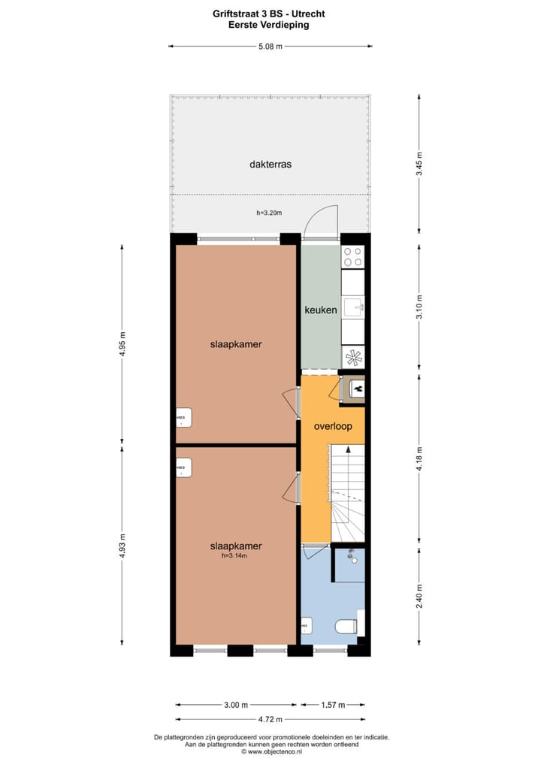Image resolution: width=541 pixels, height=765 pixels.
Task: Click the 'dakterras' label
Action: (x=270, y=164)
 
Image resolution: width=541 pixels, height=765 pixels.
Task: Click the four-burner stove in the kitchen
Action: (x=352, y=257)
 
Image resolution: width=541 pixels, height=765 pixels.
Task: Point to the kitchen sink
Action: (x=352, y=306)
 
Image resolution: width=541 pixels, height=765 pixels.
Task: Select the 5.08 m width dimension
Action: (x=270, y=47)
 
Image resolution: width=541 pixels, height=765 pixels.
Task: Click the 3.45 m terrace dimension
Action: (x=419, y=164)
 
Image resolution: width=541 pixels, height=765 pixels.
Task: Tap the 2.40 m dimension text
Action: (x=419, y=596)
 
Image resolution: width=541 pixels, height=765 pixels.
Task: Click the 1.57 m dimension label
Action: (x=333, y=705)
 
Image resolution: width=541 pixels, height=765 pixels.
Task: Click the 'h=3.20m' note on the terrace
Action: (x=268, y=213)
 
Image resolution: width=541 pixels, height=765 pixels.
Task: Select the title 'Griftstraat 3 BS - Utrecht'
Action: (x=270, y=14)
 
